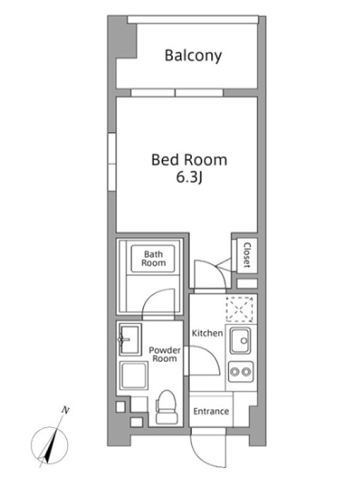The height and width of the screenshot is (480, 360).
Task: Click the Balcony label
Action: coord(193,56)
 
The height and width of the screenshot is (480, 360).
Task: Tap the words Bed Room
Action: coord(189,160)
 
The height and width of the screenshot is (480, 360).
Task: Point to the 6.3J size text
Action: coord(189,178)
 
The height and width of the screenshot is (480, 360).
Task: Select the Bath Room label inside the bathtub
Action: coord(153,259)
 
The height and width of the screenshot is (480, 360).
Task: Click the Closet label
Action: coord(247,255)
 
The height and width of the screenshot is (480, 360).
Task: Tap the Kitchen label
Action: coord(207,333)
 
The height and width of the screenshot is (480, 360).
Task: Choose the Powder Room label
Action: coord(164,355)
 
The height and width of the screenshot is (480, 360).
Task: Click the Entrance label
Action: coord(211,411)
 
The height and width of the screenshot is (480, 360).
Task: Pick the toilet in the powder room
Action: coord(167,407)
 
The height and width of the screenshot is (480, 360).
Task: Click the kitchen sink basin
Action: coord(241,341)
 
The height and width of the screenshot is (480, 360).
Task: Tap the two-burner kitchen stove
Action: coord(241,371)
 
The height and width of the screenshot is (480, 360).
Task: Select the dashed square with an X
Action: coord(239,309)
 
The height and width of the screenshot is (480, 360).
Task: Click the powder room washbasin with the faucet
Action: coord(130,340)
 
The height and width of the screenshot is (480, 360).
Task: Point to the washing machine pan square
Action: coord(133,376)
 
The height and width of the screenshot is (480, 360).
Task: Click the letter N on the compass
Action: coord(65,410)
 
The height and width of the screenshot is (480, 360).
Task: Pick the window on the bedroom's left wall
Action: coord(112,162)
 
